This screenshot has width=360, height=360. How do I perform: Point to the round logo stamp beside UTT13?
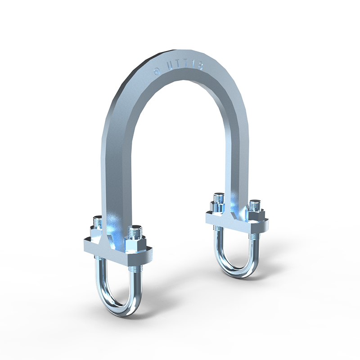click(x=157, y=71)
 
